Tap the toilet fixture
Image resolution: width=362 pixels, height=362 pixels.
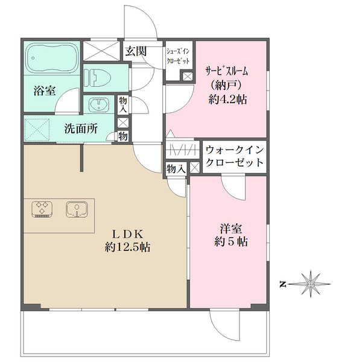[100, 78]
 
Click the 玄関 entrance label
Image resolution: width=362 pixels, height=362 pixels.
[135, 51]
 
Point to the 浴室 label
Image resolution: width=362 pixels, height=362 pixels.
[44, 92]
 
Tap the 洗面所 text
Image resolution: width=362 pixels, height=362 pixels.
[81, 129]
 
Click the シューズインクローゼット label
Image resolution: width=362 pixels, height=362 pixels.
[179, 58]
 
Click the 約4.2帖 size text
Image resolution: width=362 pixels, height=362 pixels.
[228, 99]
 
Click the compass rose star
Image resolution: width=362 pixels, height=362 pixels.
[311, 282]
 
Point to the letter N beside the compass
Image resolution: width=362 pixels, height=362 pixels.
[282, 282]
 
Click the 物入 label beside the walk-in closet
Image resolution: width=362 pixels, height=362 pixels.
[176, 169]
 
